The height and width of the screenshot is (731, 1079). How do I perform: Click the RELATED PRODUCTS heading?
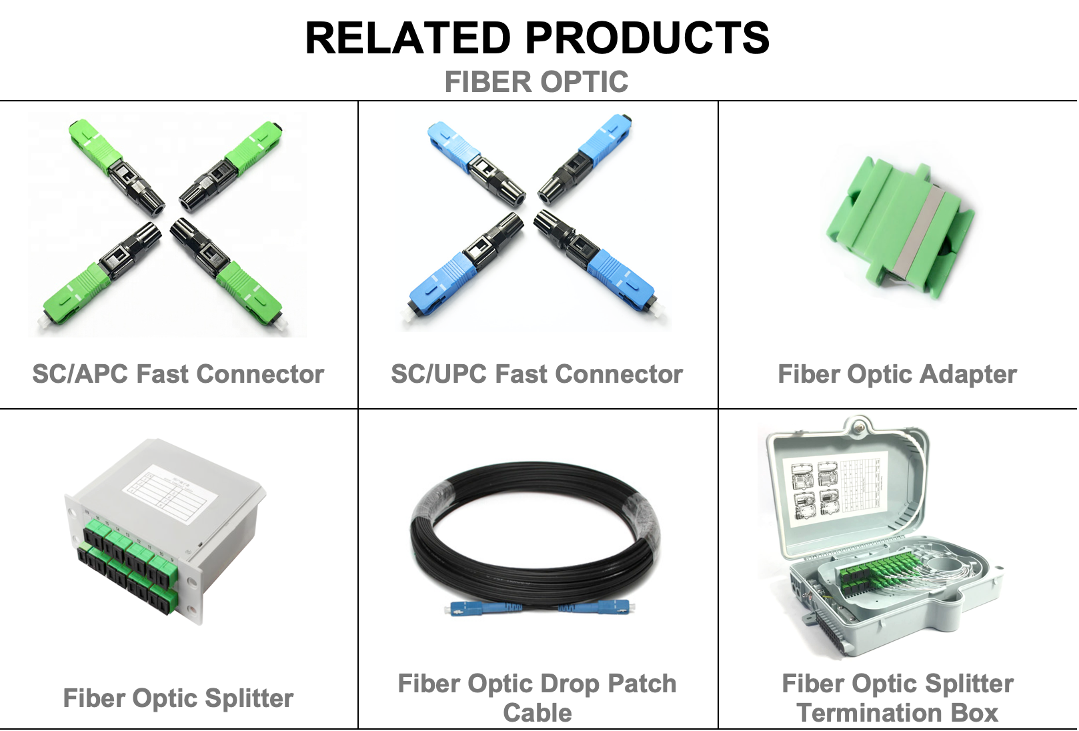pyautogui.click(x=537, y=37)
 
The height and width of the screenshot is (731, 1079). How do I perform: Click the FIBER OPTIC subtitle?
pyautogui.click(x=536, y=81)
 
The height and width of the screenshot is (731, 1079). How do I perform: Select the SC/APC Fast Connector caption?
pyautogui.click(x=178, y=374)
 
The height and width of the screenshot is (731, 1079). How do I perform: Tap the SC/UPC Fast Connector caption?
pyautogui.click(x=537, y=374)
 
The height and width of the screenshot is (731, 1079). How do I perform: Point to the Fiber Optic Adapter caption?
pyautogui.click(x=898, y=374)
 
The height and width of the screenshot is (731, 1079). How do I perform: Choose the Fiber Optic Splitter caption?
pyautogui.click(x=178, y=698)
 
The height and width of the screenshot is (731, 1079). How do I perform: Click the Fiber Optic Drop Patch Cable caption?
pyautogui.click(x=537, y=698)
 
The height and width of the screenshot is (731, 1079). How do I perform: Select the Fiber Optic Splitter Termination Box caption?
pyautogui.click(x=898, y=698)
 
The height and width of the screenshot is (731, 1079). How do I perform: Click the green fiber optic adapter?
pyautogui.click(x=900, y=227)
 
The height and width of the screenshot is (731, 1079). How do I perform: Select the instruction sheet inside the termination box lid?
pyautogui.click(x=835, y=488)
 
